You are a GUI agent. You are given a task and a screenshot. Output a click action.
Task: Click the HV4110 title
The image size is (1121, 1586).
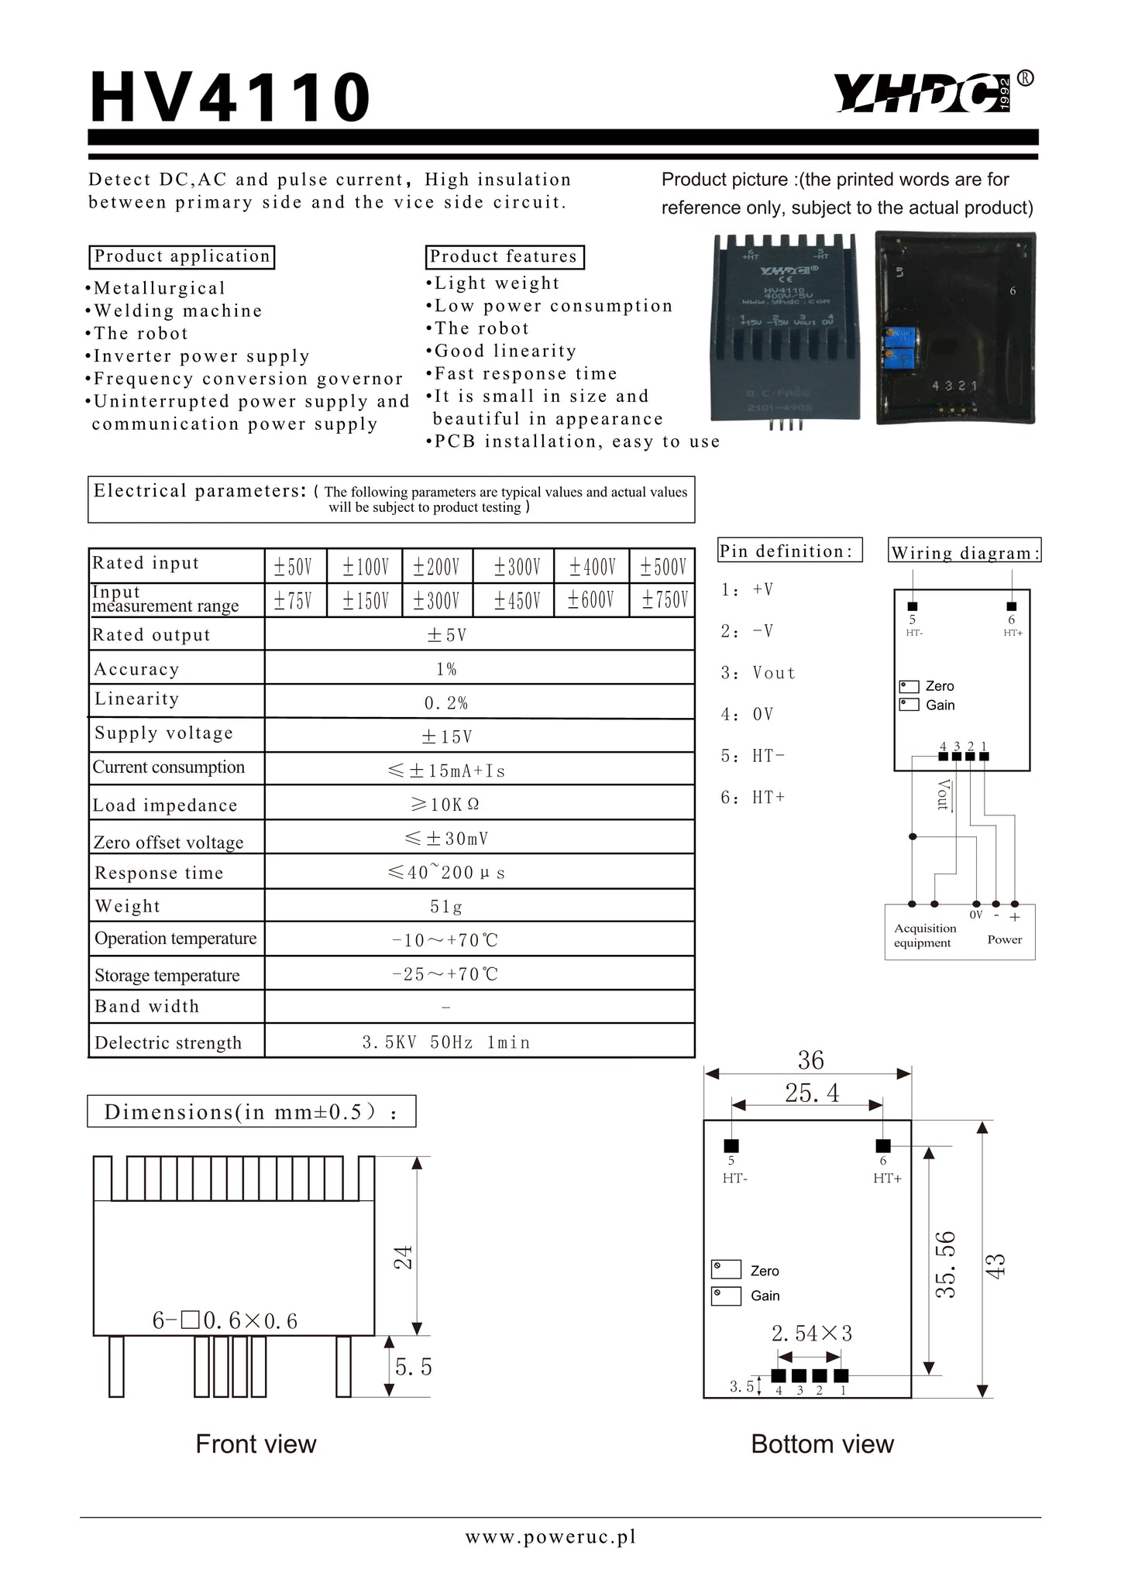[230, 98]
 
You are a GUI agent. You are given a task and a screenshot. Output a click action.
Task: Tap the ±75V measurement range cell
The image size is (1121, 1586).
[293, 601]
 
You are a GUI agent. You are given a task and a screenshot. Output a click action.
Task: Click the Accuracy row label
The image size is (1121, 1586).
[136, 669]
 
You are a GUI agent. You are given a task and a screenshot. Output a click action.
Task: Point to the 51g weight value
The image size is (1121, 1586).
[446, 906]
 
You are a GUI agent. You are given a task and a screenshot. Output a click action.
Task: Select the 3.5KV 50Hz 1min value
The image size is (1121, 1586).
[446, 1042]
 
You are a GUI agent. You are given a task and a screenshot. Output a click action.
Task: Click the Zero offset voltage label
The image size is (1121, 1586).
[168, 843]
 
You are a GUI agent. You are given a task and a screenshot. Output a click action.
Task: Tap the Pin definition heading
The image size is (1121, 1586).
[788, 551]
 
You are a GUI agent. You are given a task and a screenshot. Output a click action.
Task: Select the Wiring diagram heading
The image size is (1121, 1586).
[963, 552]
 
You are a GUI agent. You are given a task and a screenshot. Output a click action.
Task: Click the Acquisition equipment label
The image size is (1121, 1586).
[924, 935]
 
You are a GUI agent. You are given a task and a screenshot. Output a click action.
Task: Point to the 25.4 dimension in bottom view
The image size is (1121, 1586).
[811, 1093]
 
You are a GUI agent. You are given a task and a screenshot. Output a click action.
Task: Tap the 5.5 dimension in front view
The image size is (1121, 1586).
[414, 1368]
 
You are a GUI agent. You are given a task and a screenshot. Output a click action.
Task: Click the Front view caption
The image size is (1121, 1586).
[256, 1444]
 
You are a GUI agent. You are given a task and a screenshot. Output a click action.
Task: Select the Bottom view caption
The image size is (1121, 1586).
[822, 1444]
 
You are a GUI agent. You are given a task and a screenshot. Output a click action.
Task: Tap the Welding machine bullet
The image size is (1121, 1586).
[177, 311]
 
